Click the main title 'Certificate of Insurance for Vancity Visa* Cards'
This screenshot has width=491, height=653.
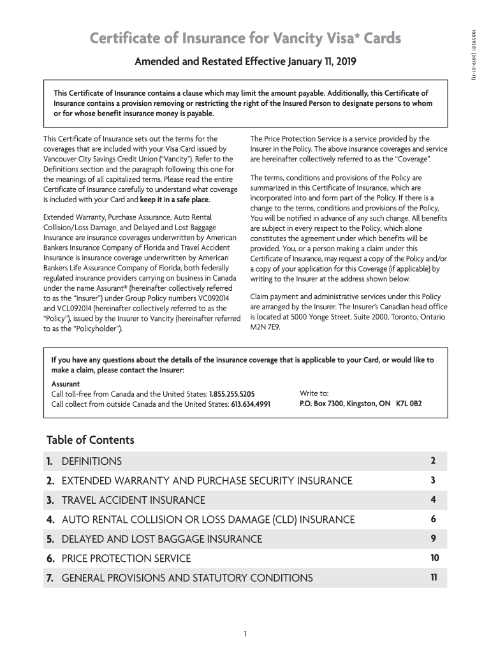pos(245,40)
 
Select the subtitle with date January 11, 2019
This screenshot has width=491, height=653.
pos(246,62)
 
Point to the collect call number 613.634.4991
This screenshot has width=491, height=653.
pos(251,404)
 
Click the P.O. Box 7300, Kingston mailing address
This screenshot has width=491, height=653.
pos(360,404)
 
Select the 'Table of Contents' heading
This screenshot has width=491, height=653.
pos(90,440)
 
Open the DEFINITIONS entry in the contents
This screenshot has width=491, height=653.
pos(91,461)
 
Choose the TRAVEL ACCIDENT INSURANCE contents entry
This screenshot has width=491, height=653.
pos(133,501)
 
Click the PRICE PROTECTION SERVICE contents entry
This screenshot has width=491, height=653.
pos(126,559)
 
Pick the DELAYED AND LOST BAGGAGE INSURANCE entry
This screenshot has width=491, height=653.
pos(161,539)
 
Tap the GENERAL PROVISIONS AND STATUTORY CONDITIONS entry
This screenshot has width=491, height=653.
pos(187,578)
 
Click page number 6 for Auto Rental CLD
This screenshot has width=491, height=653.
pos(432,519)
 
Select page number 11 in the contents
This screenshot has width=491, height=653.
pos(434,578)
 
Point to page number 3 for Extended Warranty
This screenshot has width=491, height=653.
pos(432,480)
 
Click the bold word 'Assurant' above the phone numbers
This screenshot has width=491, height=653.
pos(66,384)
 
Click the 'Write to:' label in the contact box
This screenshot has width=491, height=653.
pos(314,393)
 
